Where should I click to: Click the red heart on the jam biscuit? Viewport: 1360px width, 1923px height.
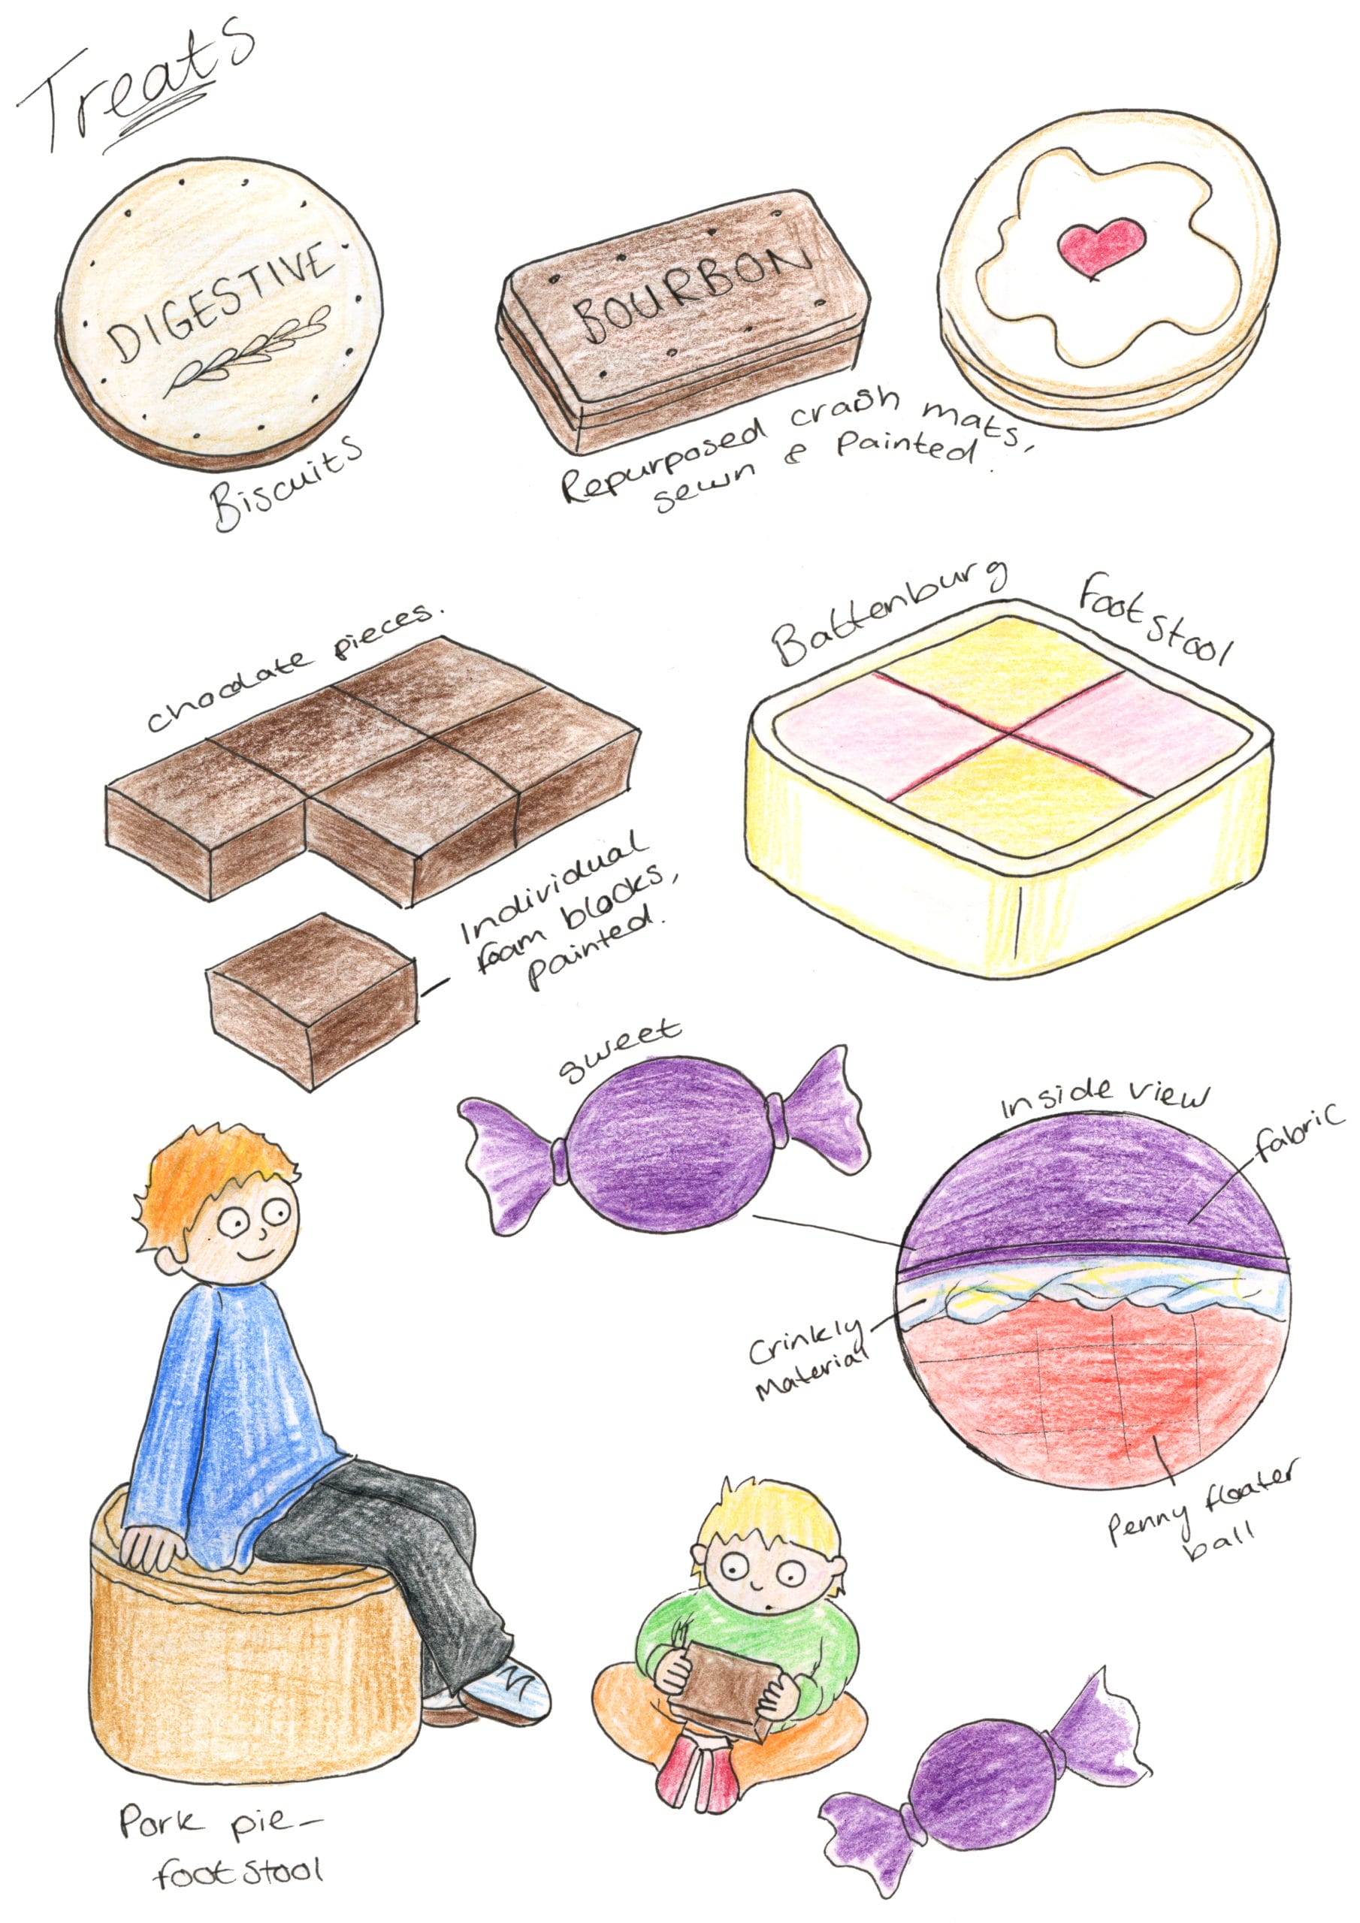coord(1100,247)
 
